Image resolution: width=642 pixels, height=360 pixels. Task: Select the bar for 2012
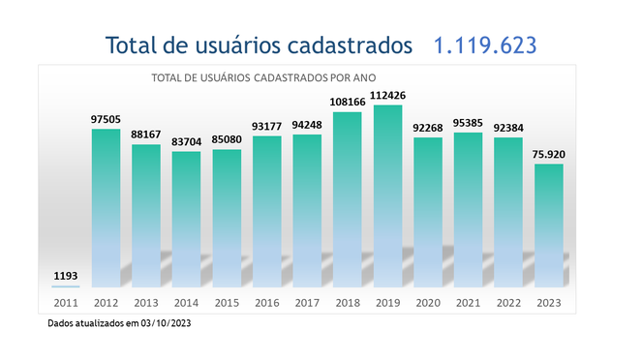106,207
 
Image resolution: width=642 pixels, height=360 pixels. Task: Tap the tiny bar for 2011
66,285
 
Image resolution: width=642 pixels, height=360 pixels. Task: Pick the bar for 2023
548,225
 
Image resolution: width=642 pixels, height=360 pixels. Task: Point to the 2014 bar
186,219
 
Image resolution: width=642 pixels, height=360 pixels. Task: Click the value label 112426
387,95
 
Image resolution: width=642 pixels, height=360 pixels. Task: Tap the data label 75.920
548,154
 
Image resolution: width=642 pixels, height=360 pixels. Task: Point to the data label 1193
65,276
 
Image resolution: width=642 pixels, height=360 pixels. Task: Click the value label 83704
186,141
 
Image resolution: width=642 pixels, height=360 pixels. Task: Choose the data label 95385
468,123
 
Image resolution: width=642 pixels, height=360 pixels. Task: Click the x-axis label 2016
266,303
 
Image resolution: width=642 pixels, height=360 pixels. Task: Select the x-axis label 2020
427,303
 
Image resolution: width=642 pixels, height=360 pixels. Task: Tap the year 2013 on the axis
146,303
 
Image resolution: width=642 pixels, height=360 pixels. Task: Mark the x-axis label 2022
507,303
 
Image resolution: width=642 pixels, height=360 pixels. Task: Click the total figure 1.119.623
484,45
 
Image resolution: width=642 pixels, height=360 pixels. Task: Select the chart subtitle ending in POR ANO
260,77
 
